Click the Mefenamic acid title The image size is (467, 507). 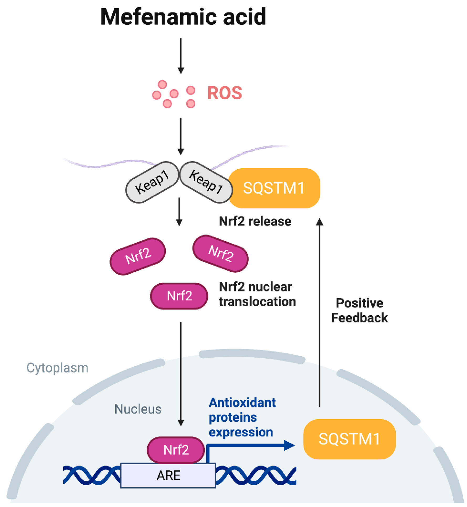click(x=183, y=17)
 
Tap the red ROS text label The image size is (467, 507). click(x=224, y=93)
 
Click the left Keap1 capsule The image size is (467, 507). click(x=152, y=182)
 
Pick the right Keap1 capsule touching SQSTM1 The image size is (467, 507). click(x=206, y=182)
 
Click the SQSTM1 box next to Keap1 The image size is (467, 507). click(x=274, y=188)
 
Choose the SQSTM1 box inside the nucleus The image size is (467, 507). click(x=349, y=439)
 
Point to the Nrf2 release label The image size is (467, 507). click(x=255, y=221)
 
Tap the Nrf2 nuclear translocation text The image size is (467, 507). click(x=257, y=294)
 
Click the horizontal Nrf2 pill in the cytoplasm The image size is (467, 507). click(x=179, y=296)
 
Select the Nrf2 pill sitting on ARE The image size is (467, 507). click(x=176, y=450)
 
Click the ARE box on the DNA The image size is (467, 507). click(x=168, y=475)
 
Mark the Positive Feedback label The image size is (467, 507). click(x=359, y=310)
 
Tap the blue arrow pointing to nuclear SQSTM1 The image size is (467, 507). click(x=249, y=446)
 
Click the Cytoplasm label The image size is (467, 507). click(x=57, y=368)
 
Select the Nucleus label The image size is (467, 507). click(x=138, y=409)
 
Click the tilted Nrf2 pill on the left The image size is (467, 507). click(x=138, y=256)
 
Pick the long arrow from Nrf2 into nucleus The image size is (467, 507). click(x=181, y=373)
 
